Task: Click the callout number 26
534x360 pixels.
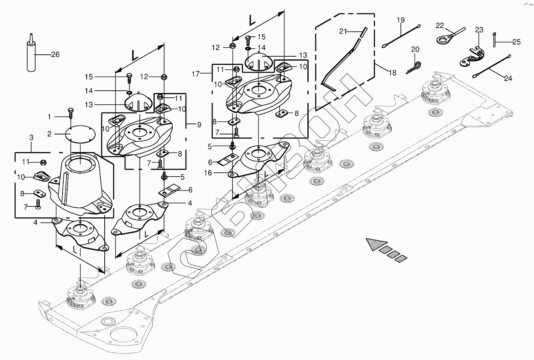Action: click(55, 54)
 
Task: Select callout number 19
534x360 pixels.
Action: click(401, 20)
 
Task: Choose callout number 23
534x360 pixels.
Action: click(479, 30)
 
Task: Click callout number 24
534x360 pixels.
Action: click(508, 78)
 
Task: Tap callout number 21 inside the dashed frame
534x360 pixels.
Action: click(343, 31)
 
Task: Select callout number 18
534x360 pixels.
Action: click(393, 73)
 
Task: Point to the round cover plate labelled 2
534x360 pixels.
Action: click(80, 134)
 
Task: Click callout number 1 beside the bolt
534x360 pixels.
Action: click(49, 116)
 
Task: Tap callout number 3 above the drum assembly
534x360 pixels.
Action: click(32, 138)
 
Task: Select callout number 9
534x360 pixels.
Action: click(199, 125)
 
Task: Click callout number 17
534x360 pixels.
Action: click(195, 74)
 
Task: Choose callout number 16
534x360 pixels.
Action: click(208, 173)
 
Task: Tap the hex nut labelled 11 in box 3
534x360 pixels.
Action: click(43, 162)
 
